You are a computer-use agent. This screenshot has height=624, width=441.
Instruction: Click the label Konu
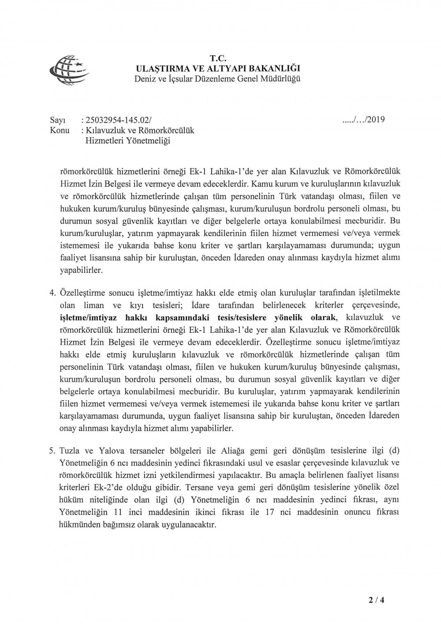(x=59, y=131)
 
